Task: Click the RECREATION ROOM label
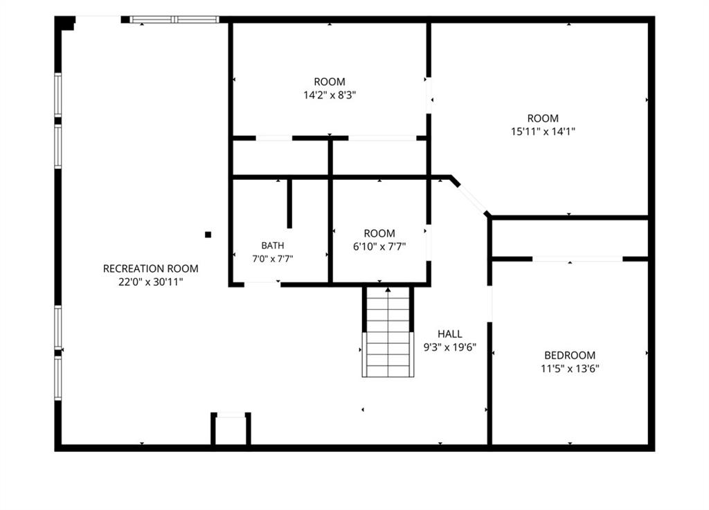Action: coord(150,268)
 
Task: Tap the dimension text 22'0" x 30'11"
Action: coord(150,282)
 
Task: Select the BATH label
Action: coord(273,246)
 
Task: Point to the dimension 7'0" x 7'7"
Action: coord(273,259)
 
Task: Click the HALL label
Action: coord(450,334)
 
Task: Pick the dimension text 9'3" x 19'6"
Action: coord(450,347)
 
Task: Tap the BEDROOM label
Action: coord(570,355)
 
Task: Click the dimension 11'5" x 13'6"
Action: coord(570,369)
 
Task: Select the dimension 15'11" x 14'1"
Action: coord(543,132)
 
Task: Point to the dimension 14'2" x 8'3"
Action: coord(330,95)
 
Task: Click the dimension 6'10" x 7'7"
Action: coord(379,246)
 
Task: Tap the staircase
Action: coord(388,332)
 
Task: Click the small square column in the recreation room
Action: coord(208,235)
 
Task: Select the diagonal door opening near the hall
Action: coord(471,197)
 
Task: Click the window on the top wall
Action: coord(174,19)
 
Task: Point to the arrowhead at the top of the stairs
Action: coord(388,289)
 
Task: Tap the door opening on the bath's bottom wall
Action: coord(262,284)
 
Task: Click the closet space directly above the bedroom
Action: coord(570,239)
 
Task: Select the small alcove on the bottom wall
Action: coord(231,429)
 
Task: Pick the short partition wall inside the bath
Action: coord(289,203)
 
